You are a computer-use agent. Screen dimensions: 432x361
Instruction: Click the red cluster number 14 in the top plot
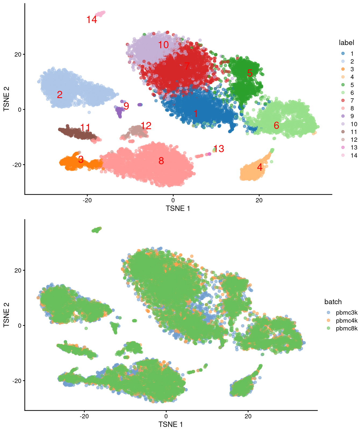(92, 20)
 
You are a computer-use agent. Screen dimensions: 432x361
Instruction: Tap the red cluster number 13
(219, 149)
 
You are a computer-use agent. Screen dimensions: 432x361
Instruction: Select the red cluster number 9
(126, 106)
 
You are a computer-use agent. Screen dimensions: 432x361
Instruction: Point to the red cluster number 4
(259, 167)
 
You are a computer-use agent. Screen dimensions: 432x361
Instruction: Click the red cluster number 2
(60, 94)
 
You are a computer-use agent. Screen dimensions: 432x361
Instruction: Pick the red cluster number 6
(276, 125)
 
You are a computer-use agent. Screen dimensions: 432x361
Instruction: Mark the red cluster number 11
(85, 128)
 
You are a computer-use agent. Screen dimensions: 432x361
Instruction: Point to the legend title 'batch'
(333, 302)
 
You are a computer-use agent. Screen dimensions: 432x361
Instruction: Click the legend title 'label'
(346, 43)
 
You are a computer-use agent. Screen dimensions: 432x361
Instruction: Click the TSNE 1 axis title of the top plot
(178, 208)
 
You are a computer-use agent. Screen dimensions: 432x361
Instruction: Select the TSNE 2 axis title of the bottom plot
(6, 315)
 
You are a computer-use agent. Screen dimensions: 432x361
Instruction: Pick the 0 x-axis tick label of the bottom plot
(166, 416)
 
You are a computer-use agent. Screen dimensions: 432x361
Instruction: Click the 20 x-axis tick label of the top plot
(259, 200)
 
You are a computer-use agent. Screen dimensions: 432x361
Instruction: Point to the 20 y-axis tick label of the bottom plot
(18, 270)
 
